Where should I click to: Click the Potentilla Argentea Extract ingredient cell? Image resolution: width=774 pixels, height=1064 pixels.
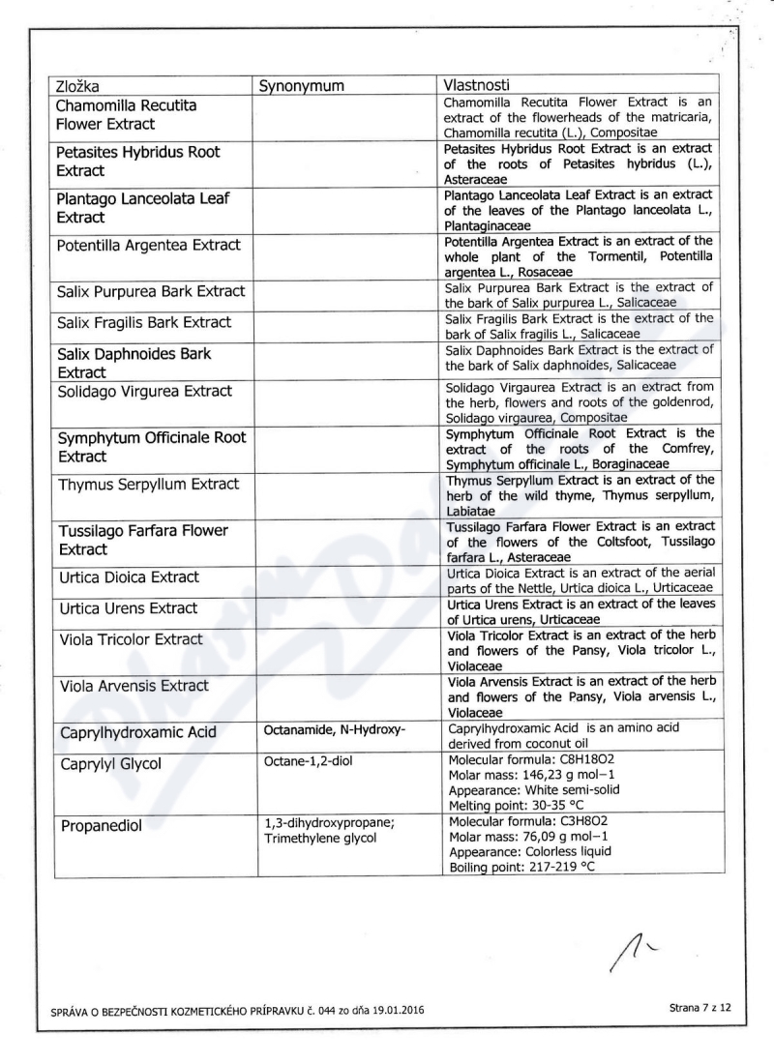(x=148, y=245)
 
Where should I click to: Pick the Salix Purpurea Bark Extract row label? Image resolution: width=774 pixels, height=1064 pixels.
(x=150, y=291)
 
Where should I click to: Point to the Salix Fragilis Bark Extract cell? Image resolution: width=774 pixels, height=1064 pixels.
(x=144, y=322)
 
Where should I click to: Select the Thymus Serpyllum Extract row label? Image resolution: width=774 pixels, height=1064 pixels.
(x=148, y=484)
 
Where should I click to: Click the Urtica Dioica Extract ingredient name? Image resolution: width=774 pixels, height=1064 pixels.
(x=129, y=577)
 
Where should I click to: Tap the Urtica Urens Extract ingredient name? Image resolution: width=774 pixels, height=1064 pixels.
(x=128, y=608)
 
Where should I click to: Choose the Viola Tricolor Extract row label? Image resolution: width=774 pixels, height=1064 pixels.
(x=131, y=639)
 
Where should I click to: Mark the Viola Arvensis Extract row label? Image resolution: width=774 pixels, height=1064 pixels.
(x=134, y=686)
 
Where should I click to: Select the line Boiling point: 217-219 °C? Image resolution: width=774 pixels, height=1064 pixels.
(x=521, y=868)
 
